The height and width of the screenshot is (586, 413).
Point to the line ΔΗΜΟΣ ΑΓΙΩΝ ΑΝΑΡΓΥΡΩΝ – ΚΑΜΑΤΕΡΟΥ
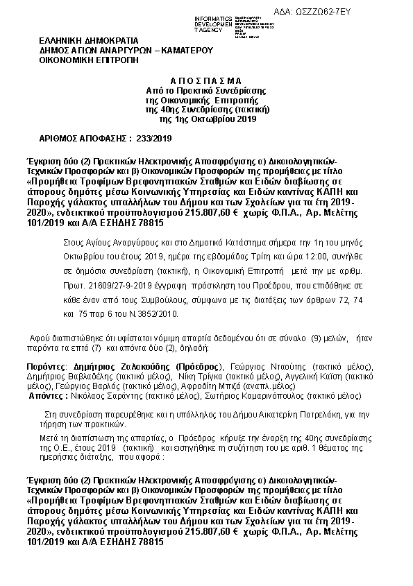click(x=126, y=51)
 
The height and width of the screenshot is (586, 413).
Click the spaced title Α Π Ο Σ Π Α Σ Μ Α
click(x=206, y=81)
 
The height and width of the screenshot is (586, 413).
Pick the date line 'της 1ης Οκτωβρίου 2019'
click(x=207, y=119)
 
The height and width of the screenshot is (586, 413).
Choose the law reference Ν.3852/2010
click(x=152, y=313)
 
